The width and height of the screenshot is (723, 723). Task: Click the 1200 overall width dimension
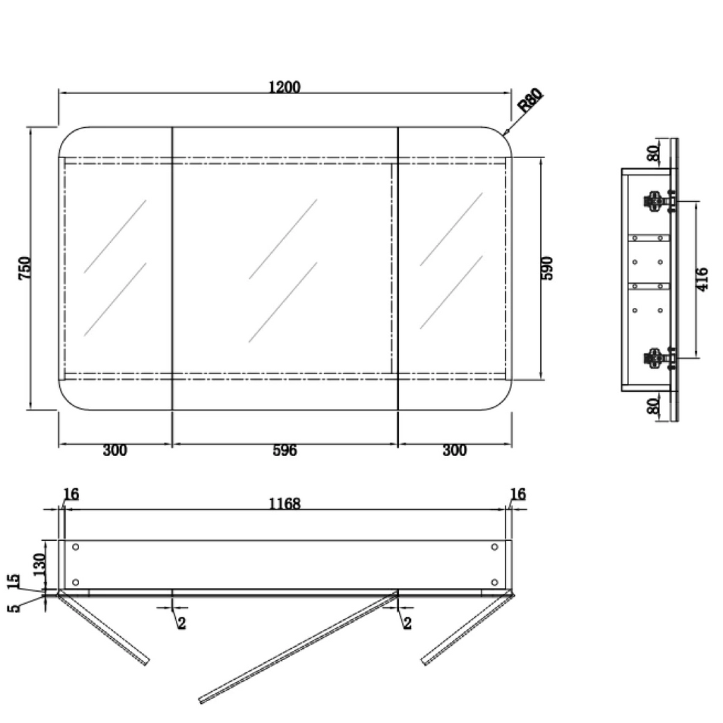(x=285, y=87)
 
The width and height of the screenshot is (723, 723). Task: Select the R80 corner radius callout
(x=530, y=100)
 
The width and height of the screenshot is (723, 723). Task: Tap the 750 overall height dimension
(x=25, y=268)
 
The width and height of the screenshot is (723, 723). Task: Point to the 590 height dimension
(x=546, y=268)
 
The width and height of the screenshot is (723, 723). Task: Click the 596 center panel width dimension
(x=285, y=450)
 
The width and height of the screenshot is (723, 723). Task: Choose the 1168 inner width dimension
(x=285, y=503)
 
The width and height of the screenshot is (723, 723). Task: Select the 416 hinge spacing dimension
(x=702, y=279)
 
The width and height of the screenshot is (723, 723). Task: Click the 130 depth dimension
(x=40, y=564)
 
